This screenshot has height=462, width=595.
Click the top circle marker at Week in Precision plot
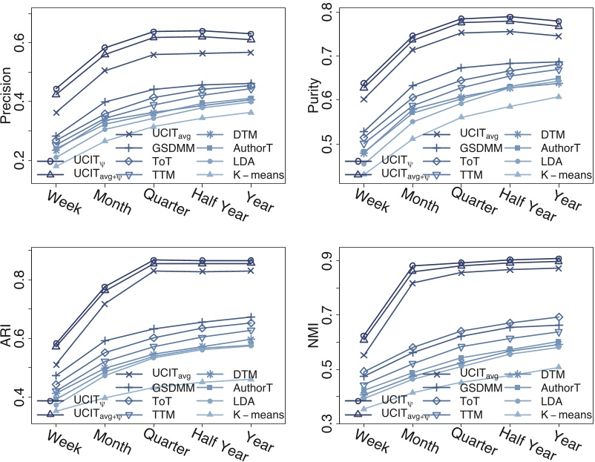tap(56, 89)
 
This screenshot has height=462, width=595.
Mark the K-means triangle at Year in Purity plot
tap(558, 96)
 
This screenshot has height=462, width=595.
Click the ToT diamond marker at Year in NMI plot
tap(558, 317)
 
